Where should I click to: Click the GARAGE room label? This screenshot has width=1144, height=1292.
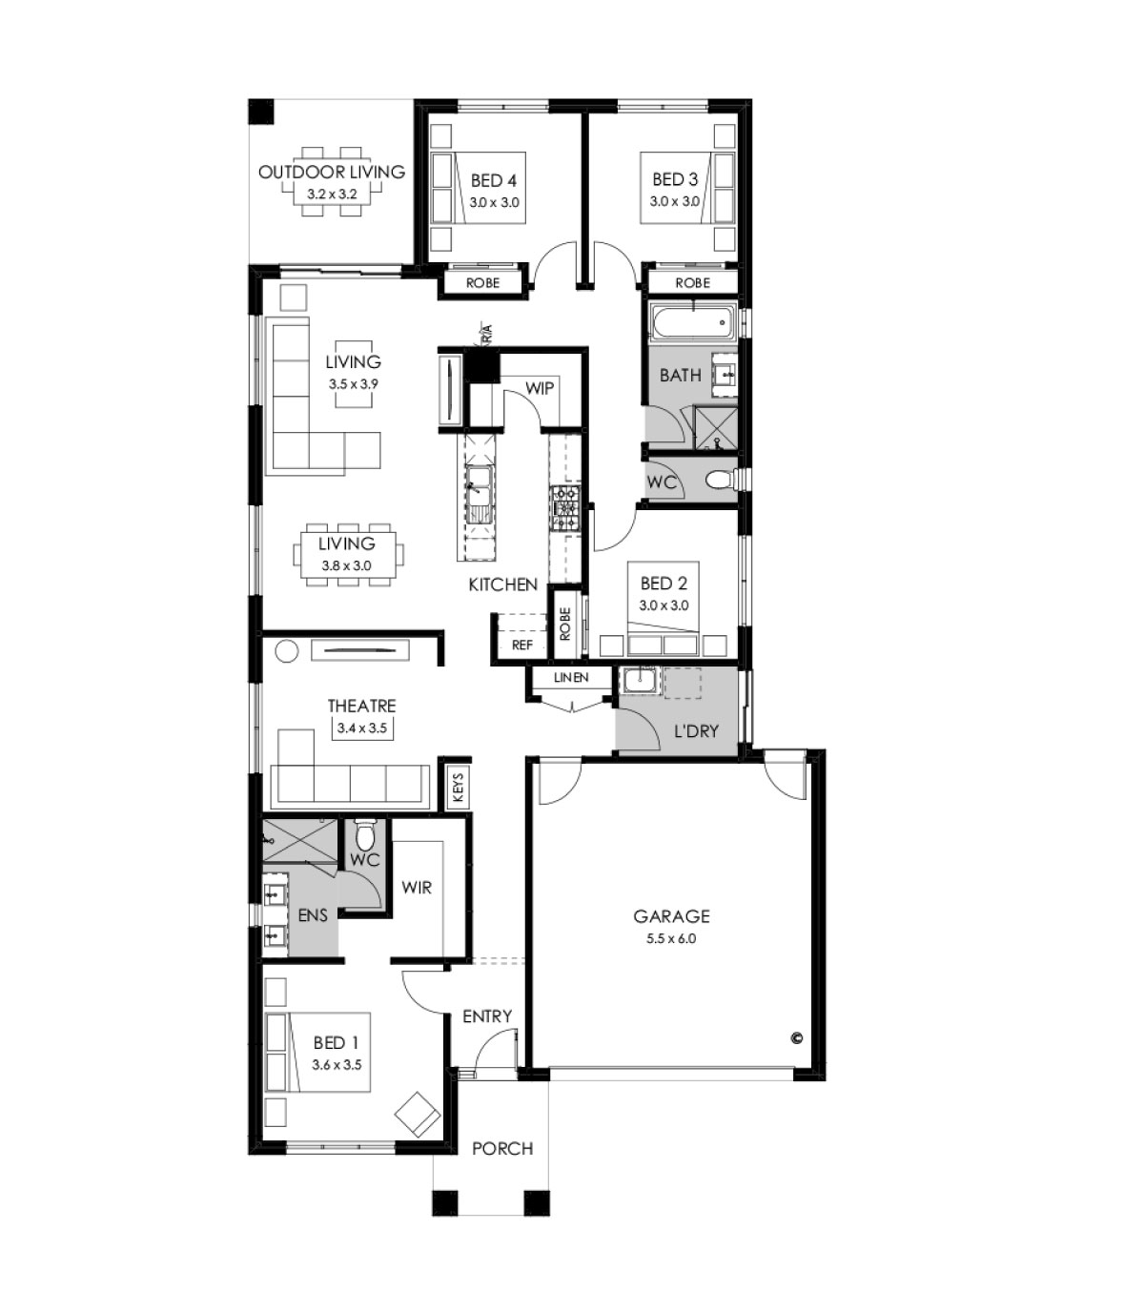[x=671, y=916]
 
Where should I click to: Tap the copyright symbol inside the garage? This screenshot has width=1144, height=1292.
[x=796, y=1038]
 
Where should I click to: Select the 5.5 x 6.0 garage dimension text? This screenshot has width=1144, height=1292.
[x=671, y=938]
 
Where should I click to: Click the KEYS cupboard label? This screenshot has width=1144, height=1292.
[x=458, y=786]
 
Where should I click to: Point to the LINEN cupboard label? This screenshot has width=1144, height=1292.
[x=571, y=678]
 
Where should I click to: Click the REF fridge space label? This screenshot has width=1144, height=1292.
[x=521, y=646]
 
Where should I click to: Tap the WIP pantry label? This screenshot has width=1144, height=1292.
[x=539, y=388]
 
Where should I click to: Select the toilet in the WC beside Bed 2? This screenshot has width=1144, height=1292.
[x=723, y=479]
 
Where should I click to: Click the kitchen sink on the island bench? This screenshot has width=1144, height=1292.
[x=479, y=495]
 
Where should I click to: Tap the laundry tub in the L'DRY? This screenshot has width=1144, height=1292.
[x=639, y=681]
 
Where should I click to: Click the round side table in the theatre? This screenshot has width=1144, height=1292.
[x=286, y=651]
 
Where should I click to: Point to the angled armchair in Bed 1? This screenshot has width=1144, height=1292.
[x=417, y=1114]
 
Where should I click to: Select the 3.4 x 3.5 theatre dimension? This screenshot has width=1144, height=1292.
[x=361, y=728]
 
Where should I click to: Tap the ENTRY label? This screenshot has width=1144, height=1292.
[x=487, y=1016]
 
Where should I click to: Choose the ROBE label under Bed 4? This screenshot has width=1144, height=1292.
[x=482, y=282]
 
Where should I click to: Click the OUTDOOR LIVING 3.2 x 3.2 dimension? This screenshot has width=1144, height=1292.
[x=332, y=194]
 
